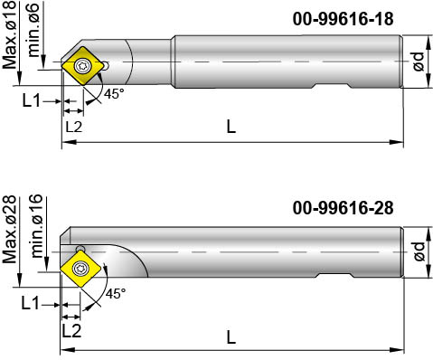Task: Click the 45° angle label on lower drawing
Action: (117, 294)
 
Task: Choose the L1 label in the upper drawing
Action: (31, 101)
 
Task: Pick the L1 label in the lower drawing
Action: (31, 302)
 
